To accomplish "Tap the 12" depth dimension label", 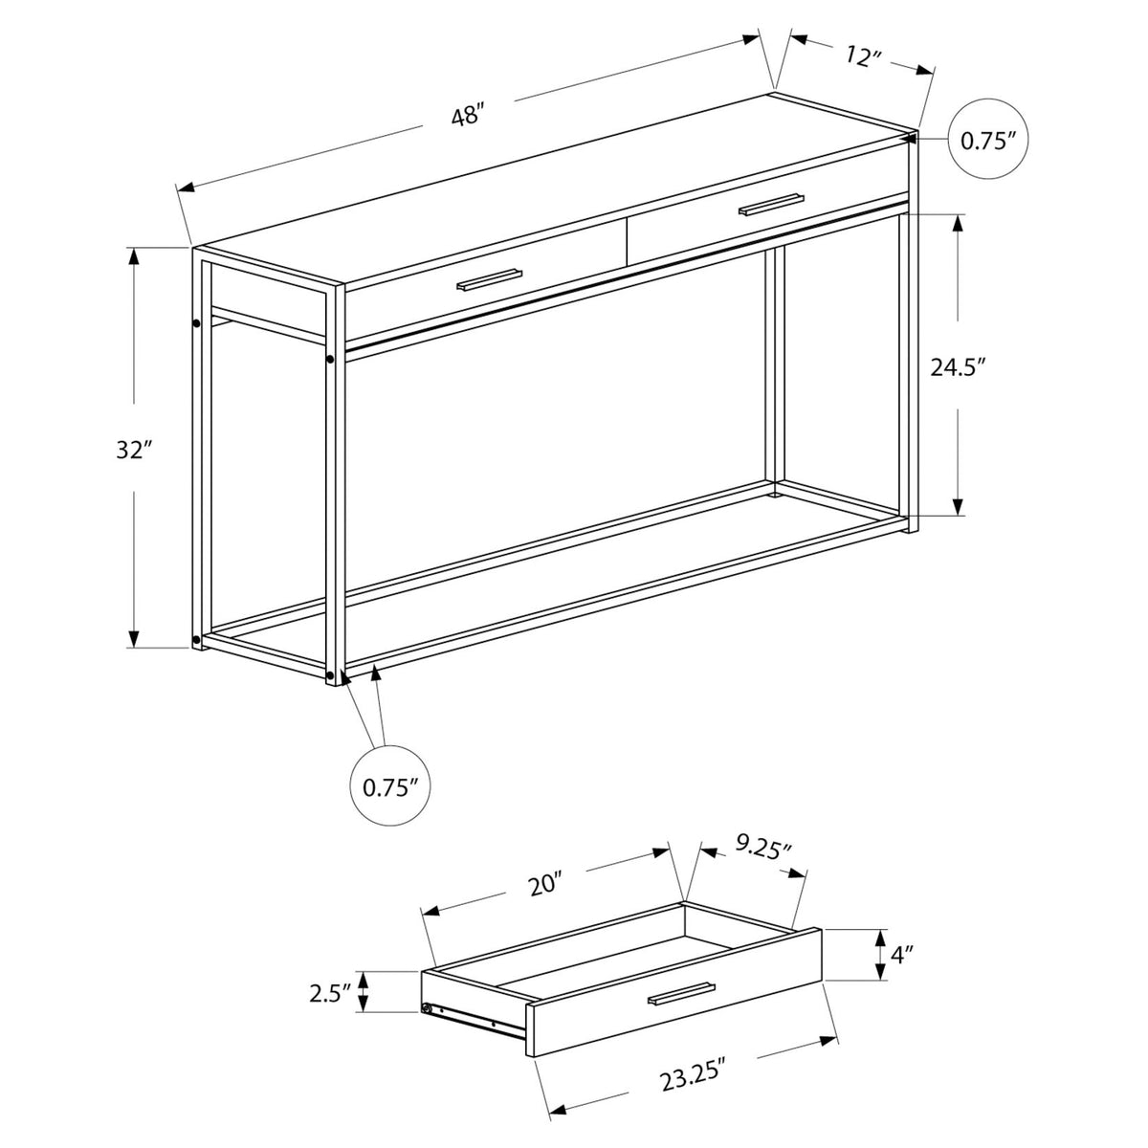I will pyautogui.click(x=862, y=57).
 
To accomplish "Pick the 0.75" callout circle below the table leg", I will pyautogui.click(x=390, y=787).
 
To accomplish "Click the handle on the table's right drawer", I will pyautogui.click(x=770, y=204).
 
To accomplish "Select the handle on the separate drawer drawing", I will pyautogui.click(x=681, y=994).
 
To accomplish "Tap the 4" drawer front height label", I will pyautogui.click(x=901, y=954).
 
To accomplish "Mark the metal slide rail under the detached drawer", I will pyautogui.click(x=475, y=1021).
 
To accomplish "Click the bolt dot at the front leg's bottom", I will pyautogui.click(x=331, y=675).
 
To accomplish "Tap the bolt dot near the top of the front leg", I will pyautogui.click(x=329, y=360).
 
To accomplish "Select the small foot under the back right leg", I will pyautogui.click(x=775, y=495).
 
